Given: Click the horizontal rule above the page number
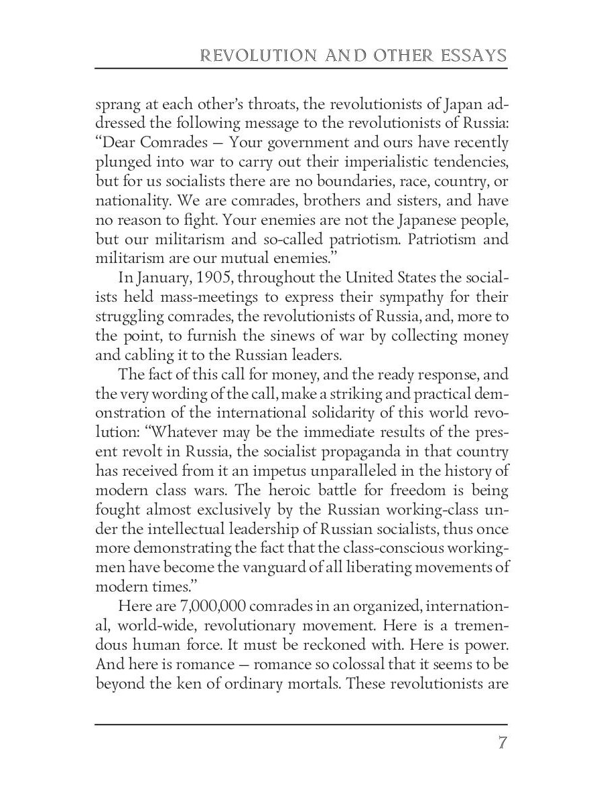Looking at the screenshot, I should [x=301, y=724].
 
